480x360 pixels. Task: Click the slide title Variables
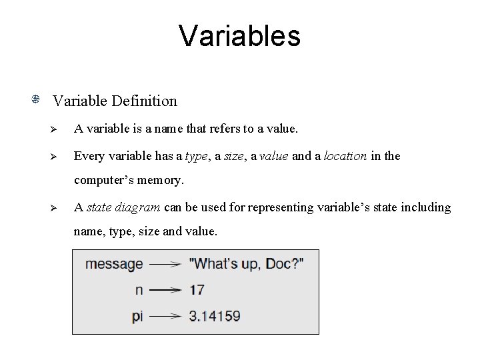pos(239,36)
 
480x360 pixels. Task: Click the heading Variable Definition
pos(115,101)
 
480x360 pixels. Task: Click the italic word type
pos(196,156)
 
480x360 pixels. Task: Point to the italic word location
pos(343,156)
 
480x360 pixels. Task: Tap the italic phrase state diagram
pos(123,207)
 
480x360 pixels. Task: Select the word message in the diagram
pos(114,264)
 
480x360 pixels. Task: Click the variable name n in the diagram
pos(139,290)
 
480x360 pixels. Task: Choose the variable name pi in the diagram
pos(137,316)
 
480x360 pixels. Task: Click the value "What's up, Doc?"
pos(247,264)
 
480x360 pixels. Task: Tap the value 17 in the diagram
pos(197,290)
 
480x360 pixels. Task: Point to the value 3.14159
pos(215,316)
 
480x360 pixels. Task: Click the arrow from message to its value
pos(165,264)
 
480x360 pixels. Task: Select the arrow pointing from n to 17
pos(165,290)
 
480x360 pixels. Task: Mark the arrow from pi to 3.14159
pos(165,316)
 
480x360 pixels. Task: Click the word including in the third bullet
pos(424,207)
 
